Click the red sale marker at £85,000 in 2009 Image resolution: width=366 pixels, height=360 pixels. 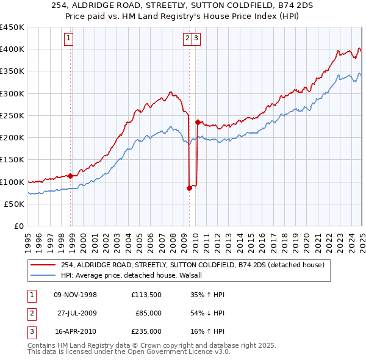pyautogui.click(x=189, y=188)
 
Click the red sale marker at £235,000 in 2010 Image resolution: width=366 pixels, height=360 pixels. pyautogui.click(x=198, y=122)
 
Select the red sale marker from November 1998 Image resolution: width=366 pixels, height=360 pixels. pyautogui.click(x=71, y=176)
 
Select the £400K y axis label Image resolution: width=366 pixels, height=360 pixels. pyautogui.click(x=12, y=49)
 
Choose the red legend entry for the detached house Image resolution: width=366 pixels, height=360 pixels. pyautogui.click(x=195, y=265)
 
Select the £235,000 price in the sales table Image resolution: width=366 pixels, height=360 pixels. pyautogui.click(x=146, y=331)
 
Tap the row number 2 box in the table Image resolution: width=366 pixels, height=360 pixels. pyautogui.click(x=31, y=313)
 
